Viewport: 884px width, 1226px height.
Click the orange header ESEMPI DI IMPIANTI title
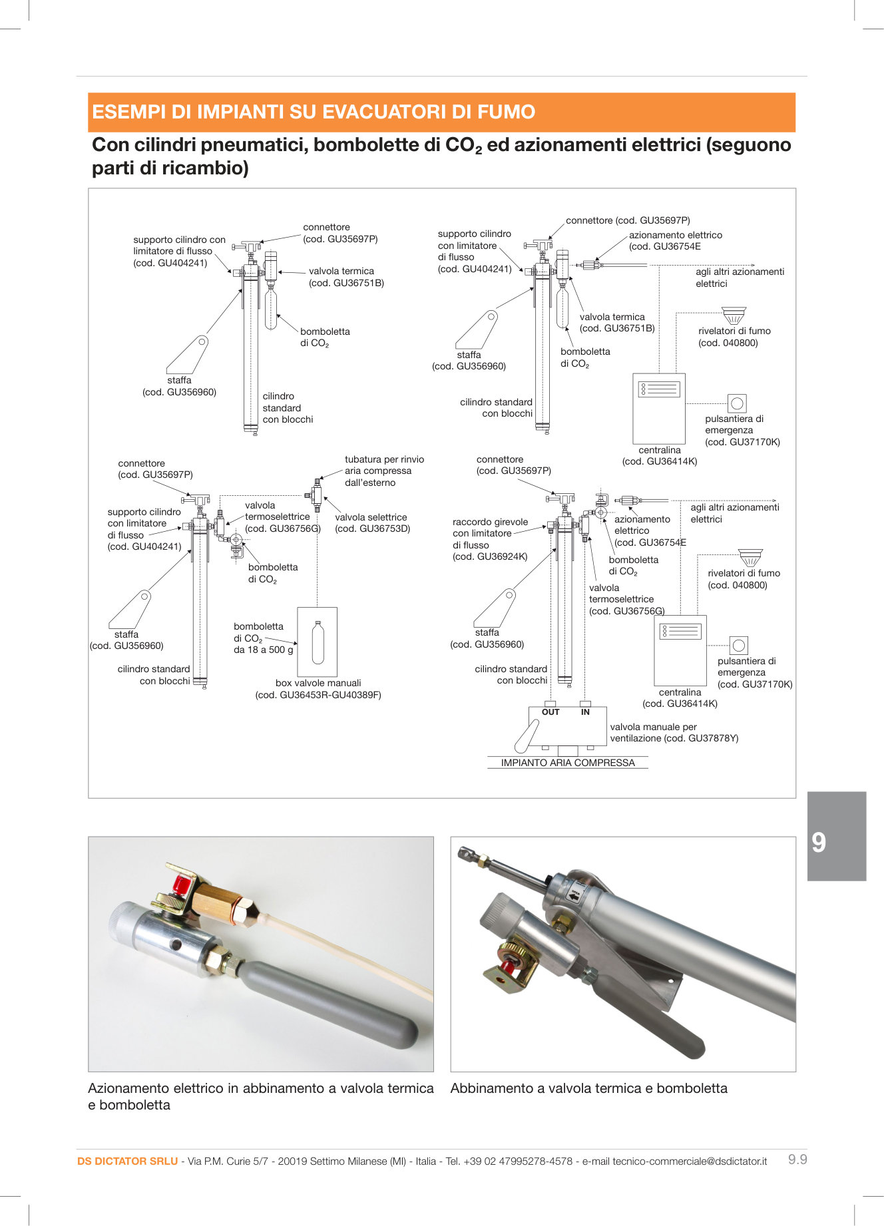click(314, 112)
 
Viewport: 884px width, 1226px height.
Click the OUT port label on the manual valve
click(551, 712)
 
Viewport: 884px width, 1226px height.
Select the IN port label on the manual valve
click(585, 712)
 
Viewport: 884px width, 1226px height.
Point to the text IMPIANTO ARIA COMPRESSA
click(568, 763)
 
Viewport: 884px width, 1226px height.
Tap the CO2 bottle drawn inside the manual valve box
click(318, 642)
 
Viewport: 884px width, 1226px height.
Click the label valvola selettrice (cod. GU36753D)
click(371, 522)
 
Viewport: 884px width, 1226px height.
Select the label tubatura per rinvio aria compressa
click(384, 471)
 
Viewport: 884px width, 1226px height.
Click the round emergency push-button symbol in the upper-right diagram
click(736, 403)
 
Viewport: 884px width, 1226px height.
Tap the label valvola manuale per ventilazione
click(674, 732)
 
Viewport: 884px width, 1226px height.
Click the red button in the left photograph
click(180, 885)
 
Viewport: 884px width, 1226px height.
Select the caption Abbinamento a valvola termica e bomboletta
click(588, 1088)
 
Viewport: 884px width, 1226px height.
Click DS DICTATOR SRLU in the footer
click(127, 1161)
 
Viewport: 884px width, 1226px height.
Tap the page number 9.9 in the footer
click(797, 1159)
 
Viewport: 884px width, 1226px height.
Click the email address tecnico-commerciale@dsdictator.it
click(689, 1161)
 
